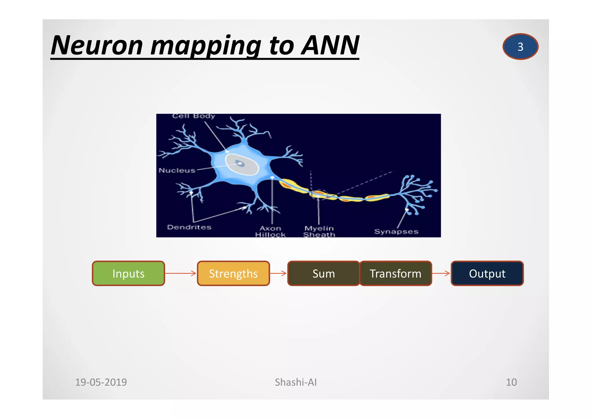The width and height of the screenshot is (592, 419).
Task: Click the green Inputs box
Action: (128, 273)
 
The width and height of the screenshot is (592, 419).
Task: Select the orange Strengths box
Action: (233, 273)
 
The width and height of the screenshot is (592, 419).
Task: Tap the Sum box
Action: (323, 273)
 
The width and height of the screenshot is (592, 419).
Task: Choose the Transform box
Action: (395, 273)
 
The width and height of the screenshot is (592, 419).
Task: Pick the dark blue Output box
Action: (487, 273)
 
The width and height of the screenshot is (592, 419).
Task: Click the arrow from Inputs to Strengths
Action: (181, 273)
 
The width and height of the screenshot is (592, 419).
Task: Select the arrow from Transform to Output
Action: (441, 273)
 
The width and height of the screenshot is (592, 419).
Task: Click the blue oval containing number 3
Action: (520, 47)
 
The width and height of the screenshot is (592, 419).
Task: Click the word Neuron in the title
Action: (97, 45)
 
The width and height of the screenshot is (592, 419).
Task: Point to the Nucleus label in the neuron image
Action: (177, 170)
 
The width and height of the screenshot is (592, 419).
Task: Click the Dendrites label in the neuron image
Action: (189, 227)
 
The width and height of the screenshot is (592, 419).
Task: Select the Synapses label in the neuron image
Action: (396, 231)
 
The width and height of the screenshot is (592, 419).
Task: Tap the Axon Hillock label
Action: (270, 231)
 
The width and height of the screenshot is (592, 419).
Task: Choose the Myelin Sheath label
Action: (319, 231)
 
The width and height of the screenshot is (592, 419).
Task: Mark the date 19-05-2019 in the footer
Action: (101, 382)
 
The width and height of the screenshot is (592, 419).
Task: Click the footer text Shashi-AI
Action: (295, 382)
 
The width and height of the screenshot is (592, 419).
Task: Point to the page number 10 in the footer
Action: (511, 382)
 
